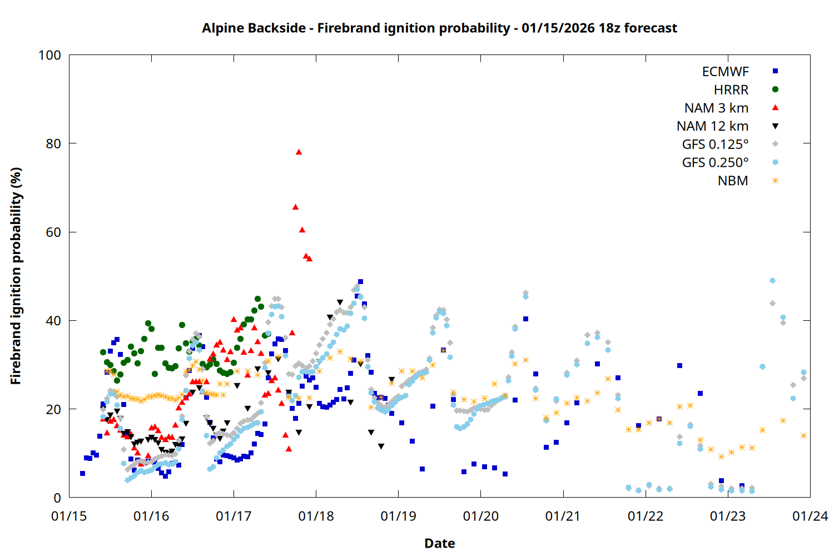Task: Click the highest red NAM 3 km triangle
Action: [x=299, y=152]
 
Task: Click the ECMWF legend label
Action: [x=725, y=72]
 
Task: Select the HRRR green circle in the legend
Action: [x=775, y=90]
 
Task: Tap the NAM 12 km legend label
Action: [x=712, y=126]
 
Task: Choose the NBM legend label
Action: [x=733, y=181]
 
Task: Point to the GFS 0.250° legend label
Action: [x=715, y=162]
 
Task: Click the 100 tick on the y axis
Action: [x=50, y=55]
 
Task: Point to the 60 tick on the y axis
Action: [x=53, y=232]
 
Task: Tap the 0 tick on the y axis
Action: [x=57, y=498]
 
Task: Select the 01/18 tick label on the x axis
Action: [x=316, y=517]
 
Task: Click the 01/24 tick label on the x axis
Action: [x=810, y=517]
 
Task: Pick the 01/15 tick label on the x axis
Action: [x=69, y=517]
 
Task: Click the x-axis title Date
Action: [x=439, y=543]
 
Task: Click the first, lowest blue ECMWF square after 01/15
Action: [x=82, y=473]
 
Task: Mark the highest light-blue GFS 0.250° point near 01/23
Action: [x=772, y=281]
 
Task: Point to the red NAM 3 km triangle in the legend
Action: [x=775, y=108]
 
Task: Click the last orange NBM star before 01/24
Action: [x=803, y=436]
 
